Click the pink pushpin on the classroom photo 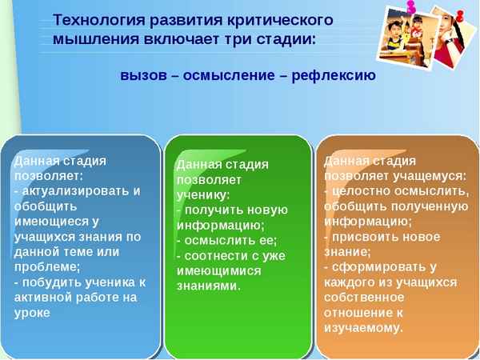(x=413, y=9)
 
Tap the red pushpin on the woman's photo (x=462, y=16)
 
